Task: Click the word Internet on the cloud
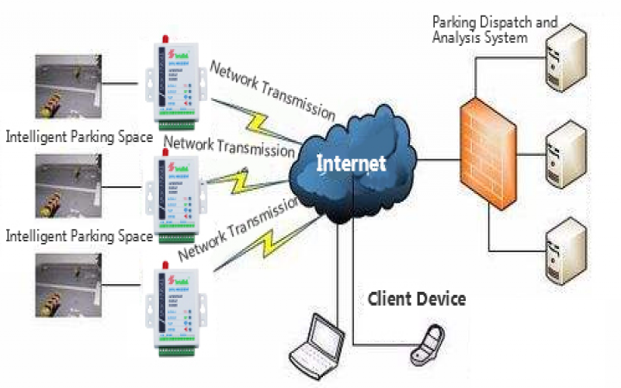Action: click(350, 163)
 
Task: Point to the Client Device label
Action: click(416, 298)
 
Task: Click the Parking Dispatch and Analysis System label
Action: click(494, 29)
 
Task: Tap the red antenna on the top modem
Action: click(165, 37)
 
